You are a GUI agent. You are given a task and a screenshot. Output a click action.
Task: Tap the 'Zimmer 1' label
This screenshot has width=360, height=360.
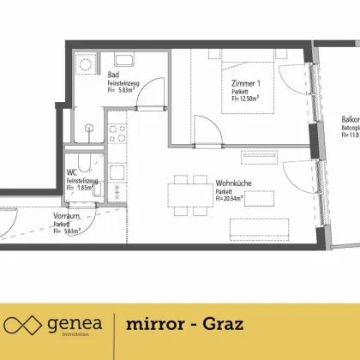coord(247,83)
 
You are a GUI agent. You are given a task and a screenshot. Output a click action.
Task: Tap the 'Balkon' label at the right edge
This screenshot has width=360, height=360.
coord(349,121)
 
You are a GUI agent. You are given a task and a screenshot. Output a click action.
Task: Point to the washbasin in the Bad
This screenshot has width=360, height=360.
coord(121,61)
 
